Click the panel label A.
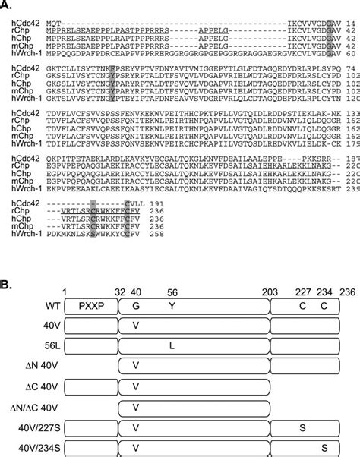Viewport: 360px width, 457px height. [x=7, y=5]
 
